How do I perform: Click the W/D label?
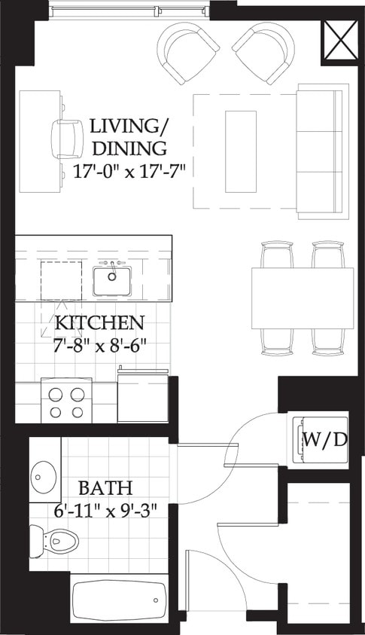coord(325,439)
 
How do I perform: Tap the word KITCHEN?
coord(99,324)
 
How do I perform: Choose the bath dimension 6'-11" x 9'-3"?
coord(106,509)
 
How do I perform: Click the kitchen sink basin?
coord(112,280)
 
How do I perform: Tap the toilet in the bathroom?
coord(55,539)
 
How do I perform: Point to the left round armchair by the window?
coord(184,53)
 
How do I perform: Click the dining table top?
coord(303,298)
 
